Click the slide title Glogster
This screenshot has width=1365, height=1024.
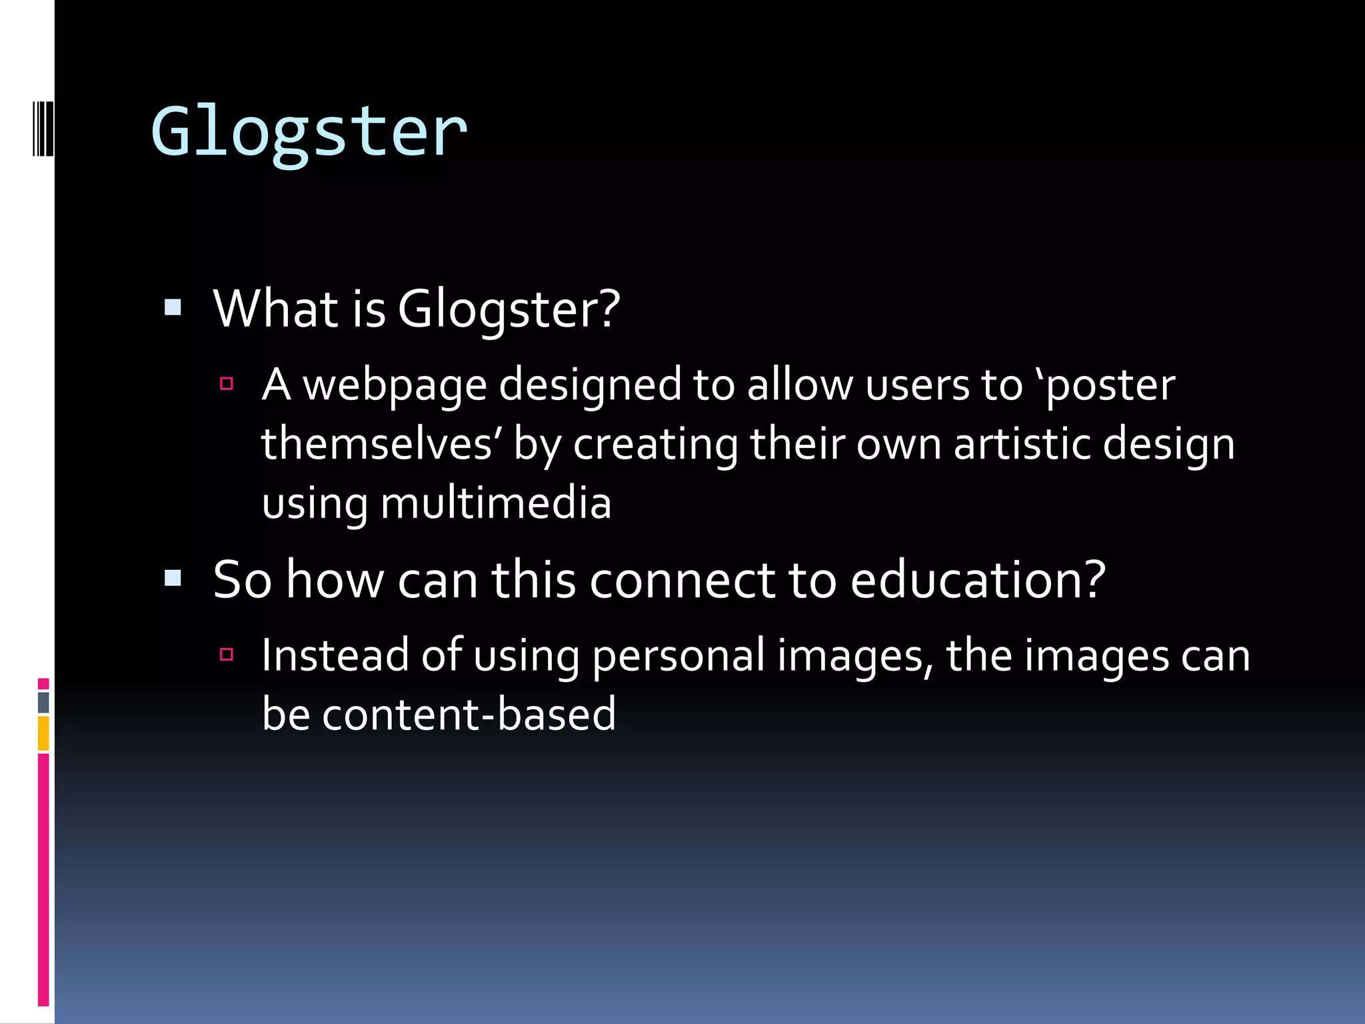pos(309,131)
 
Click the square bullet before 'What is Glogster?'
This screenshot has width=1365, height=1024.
pos(173,307)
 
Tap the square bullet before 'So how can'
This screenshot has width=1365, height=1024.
pos(173,578)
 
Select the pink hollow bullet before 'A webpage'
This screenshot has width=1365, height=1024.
pos(227,383)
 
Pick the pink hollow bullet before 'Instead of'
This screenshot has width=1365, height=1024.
pos(227,654)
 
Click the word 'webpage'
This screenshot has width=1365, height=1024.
pos(395,386)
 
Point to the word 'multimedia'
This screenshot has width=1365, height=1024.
pos(496,503)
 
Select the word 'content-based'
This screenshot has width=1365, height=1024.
pos(469,714)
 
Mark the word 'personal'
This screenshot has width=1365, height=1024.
pos(679,655)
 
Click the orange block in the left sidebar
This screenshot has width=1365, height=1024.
pos(43,733)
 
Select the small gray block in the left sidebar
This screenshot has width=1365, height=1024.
pos(43,702)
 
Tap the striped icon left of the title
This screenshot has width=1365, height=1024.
pos(43,129)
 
